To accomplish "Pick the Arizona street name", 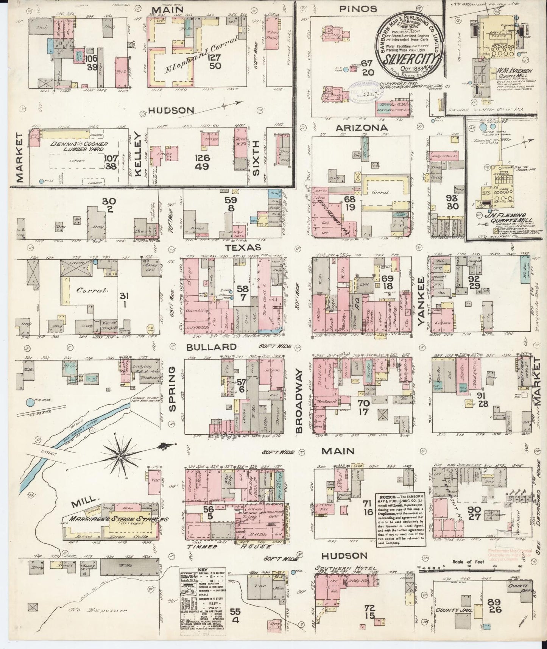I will click(362, 128).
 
